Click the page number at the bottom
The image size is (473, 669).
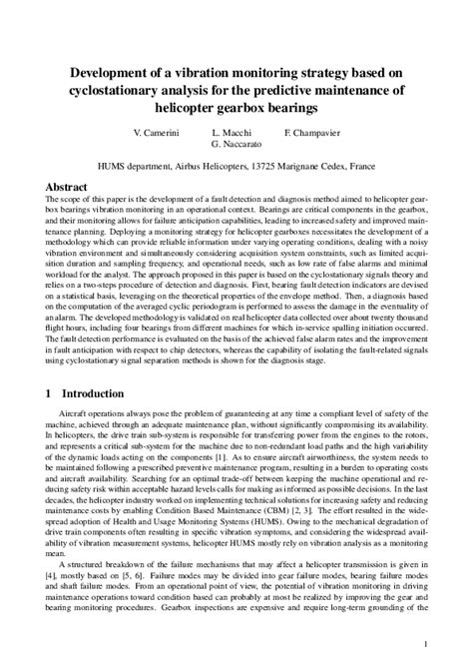pos(454,644)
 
